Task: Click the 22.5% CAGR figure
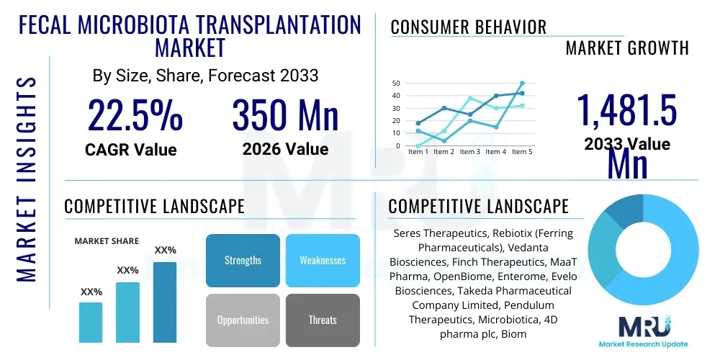[135, 114]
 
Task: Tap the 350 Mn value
[285, 114]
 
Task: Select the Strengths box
[243, 260]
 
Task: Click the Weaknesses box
[322, 260]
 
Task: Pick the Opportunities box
[243, 320]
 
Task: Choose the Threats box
[322, 320]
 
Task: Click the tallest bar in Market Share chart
[165, 302]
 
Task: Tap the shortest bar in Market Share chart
[91, 322]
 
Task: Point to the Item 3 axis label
[470, 152]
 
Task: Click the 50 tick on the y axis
[395, 84]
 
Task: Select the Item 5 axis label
[522, 152]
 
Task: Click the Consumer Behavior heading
[468, 27]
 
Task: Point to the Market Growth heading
[627, 48]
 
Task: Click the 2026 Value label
[285, 149]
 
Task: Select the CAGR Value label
[131, 150]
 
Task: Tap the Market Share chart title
[107, 241]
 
